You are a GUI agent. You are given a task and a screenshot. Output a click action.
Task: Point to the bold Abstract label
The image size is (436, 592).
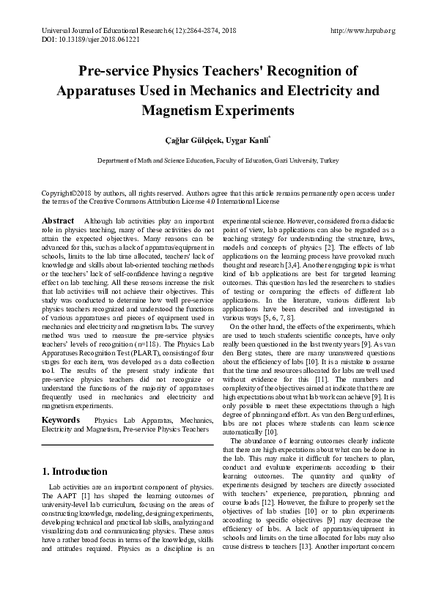click(58, 221)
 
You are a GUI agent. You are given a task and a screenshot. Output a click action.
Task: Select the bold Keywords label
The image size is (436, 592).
click(61, 421)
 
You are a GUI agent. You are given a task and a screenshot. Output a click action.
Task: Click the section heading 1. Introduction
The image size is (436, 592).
click(75, 472)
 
